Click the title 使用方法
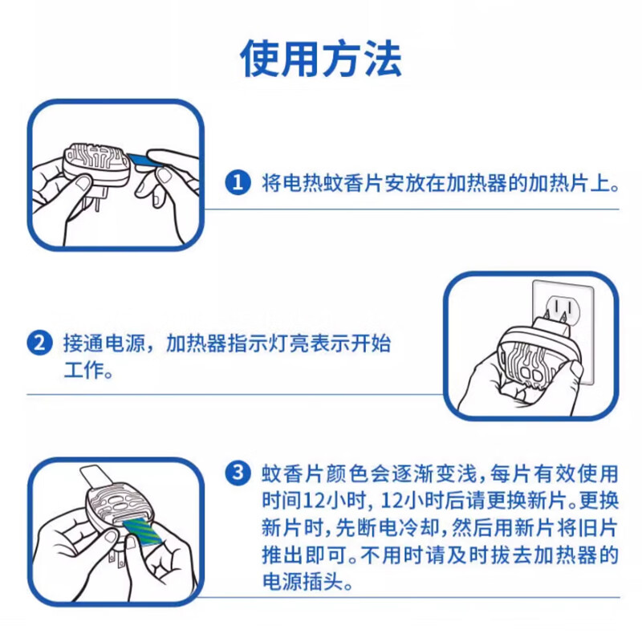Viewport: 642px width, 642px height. (321, 58)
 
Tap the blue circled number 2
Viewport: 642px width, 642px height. (39, 344)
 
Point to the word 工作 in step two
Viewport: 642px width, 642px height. (80, 372)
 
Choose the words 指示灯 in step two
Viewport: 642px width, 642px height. (253, 344)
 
